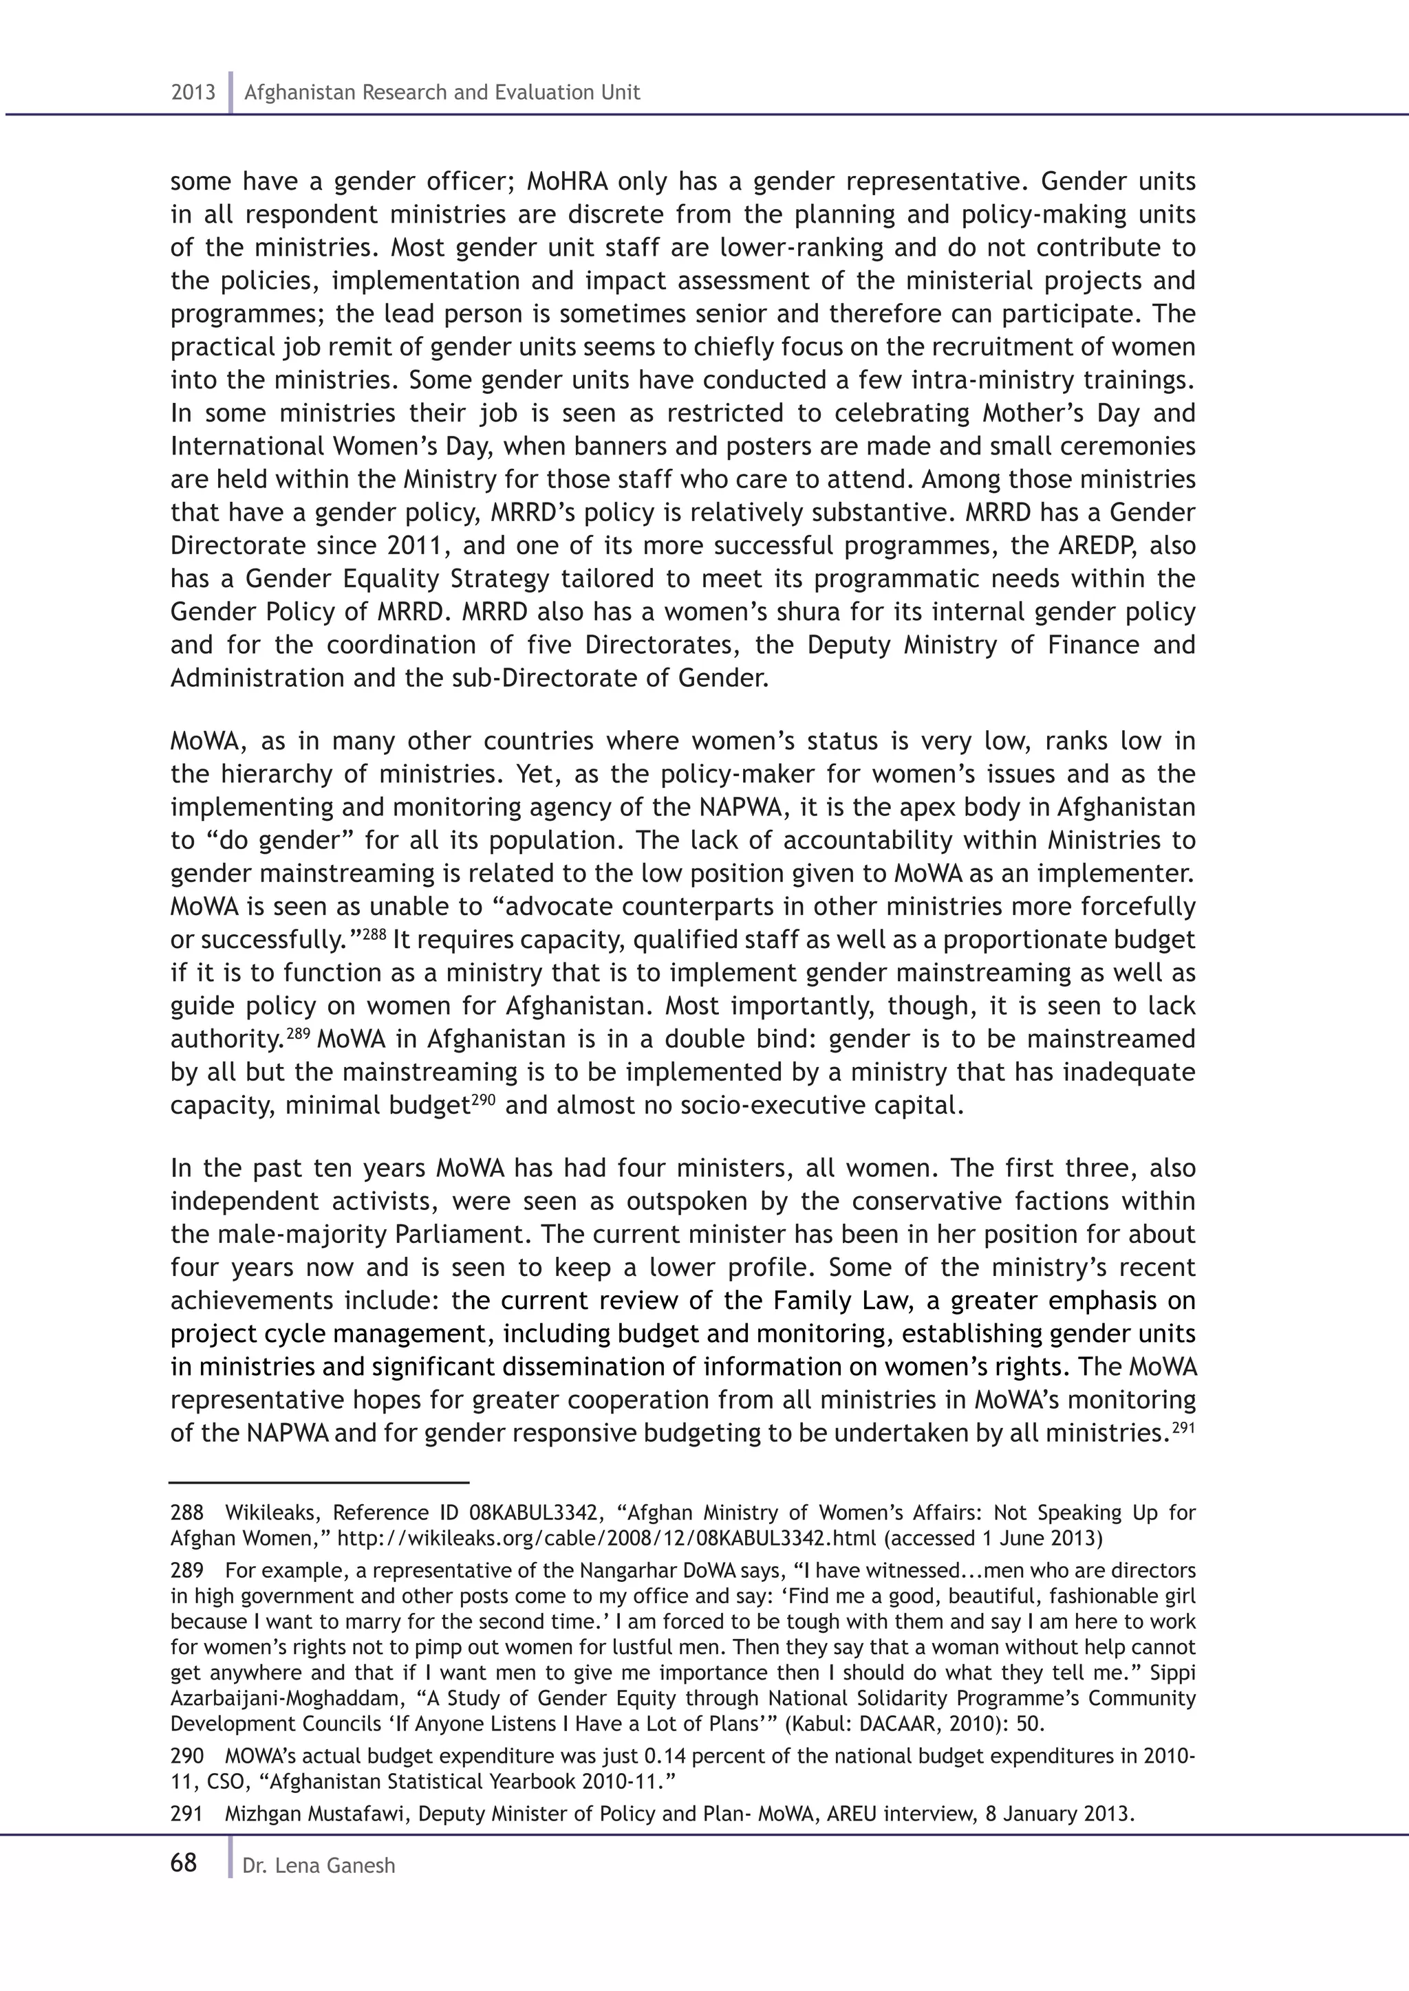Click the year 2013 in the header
click(193, 93)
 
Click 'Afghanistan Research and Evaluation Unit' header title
click(442, 93)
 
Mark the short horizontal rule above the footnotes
click(319, 1483)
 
